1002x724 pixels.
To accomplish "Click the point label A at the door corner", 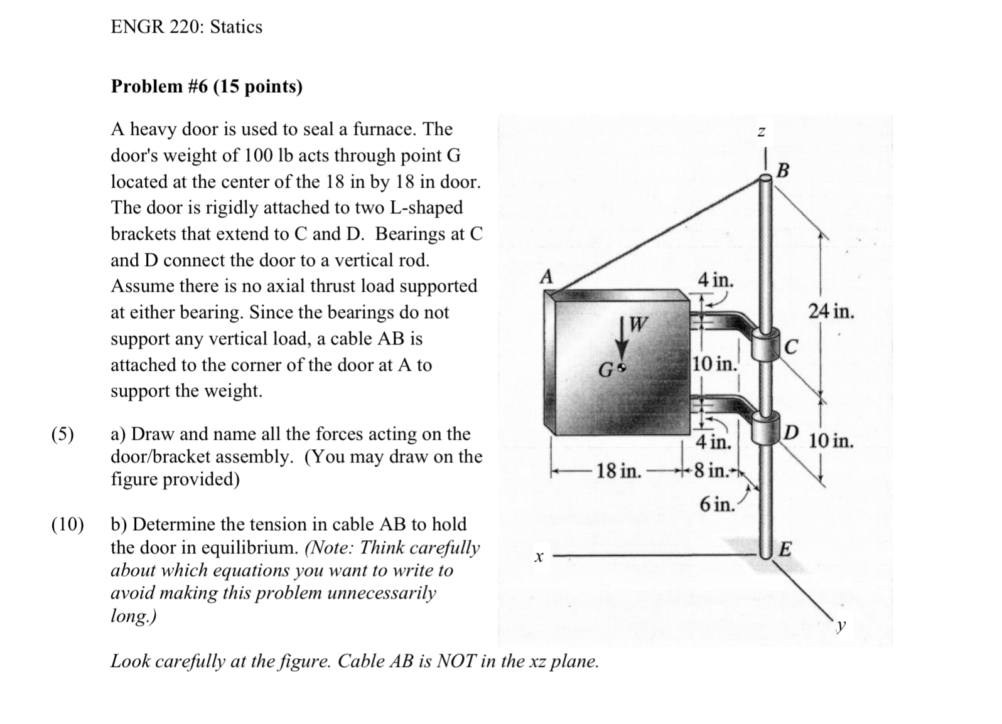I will coord(547,277).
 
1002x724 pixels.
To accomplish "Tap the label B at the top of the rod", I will coord(783,171).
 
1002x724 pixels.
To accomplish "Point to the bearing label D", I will coord(792,432).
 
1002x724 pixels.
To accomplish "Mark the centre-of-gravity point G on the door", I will coord(622,368).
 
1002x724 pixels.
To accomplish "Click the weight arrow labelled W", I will coord(623,339).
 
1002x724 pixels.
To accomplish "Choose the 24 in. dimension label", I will coord(831,311).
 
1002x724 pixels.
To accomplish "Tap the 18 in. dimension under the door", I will coord(618,471).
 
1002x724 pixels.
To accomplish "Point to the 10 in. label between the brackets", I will coord(714,364).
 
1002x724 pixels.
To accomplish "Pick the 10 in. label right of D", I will coord(831,440).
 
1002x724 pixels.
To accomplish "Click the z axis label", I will coord(762,132).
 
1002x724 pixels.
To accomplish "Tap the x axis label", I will coord(537,556).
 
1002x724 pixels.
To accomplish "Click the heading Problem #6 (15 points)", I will coord(207,87).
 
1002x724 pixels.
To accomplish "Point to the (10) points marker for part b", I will coord(67,524).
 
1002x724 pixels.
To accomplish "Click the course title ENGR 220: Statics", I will coord(186,27).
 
